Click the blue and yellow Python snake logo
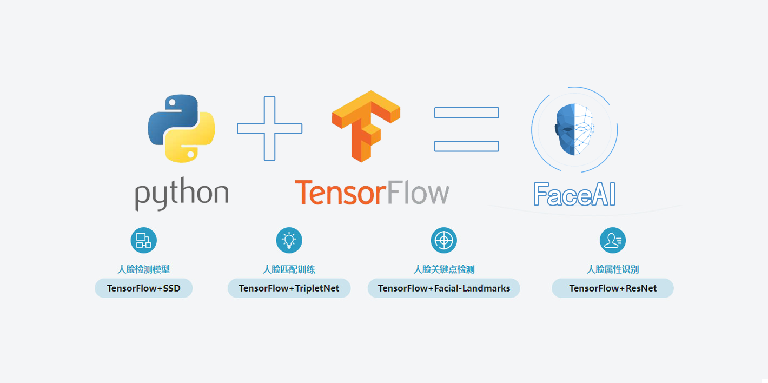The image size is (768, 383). coord(181,128)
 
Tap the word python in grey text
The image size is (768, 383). coord(182,194)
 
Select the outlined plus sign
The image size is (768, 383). coord(269,128)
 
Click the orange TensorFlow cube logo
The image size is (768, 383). coord(366,126)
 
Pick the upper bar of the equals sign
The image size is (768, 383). coord(466,113)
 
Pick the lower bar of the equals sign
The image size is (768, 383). coord(466,146)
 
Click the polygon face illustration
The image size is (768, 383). coord(574,129)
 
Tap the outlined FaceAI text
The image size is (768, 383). coord(574,194)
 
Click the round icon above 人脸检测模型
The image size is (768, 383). coord(143,240)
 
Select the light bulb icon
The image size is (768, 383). coord(289,240)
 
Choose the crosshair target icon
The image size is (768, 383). coord(443,240)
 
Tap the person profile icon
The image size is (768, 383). coord(612,240)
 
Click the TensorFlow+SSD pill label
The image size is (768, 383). coord(143,288)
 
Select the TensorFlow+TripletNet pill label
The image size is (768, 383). coord(289,288)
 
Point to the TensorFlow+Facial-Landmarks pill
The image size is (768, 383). coord(443,288)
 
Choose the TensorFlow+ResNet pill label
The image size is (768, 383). coord(612,288)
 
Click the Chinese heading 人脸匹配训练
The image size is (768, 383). coord(289,269)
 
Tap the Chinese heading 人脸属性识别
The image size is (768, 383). coord(612,269)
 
